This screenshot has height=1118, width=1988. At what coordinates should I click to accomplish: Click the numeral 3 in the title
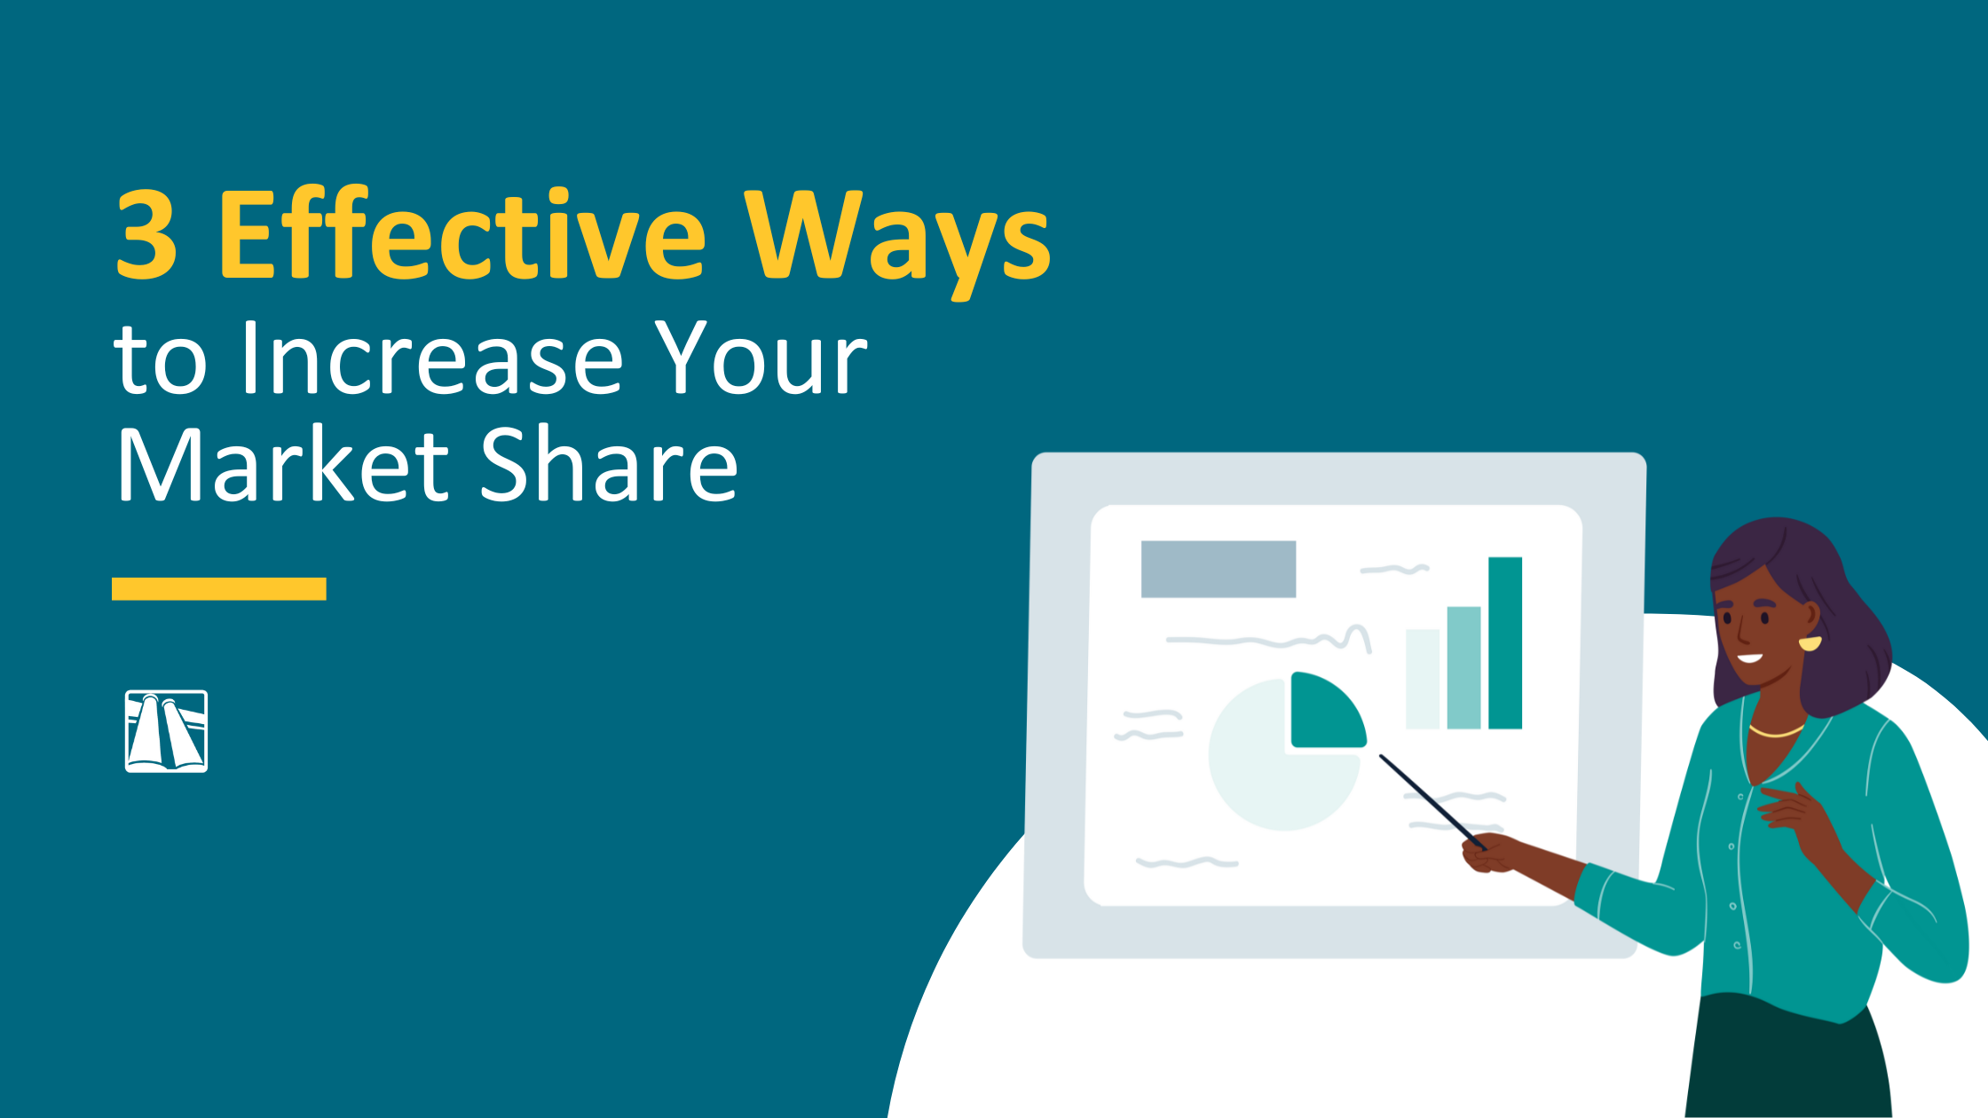click(x=147, y=234)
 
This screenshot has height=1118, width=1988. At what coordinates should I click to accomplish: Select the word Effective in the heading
click(x=461, y=234)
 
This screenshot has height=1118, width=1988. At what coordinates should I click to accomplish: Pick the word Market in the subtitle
click(x=284, y=465)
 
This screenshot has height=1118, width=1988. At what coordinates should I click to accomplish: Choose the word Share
click(x=609, y=465)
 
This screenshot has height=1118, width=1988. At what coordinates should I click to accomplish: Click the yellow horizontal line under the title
click(x=219, y=589)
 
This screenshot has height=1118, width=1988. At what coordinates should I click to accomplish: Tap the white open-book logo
click(x=166, y=731)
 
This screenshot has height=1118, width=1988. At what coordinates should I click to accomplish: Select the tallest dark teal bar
click(x=1505, y=642)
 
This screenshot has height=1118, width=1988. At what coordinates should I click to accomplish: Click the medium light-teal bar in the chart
click(x=1463, y=667)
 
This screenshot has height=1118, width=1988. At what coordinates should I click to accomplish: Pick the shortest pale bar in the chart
click(x=1423, y=679)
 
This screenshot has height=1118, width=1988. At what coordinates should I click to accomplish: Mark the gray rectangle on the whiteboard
click(x=1218, y=569)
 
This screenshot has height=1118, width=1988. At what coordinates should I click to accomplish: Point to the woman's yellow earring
click(x=1810, y=642)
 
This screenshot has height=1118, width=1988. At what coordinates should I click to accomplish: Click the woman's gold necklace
click(x=1776, y=732)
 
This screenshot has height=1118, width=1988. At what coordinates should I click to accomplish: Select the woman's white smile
click(x=1749, y=658)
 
